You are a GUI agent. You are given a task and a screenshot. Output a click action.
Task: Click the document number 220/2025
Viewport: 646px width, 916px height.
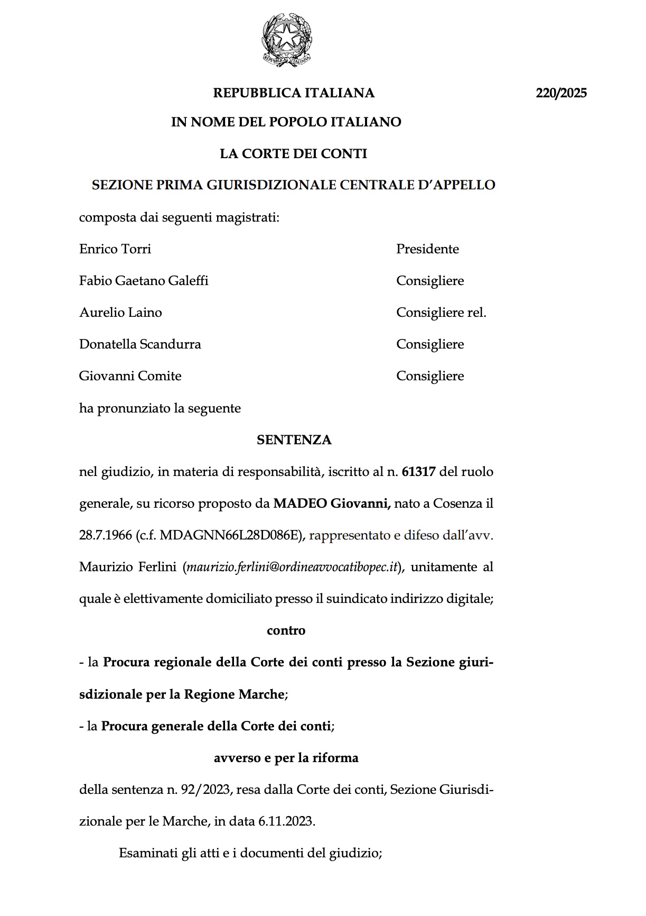(x=561, y=94)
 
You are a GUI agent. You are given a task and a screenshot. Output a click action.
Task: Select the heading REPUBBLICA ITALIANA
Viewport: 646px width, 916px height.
(x=294, y=93)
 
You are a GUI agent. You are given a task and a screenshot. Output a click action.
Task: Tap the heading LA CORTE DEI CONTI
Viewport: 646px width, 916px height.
(x=293, y=154)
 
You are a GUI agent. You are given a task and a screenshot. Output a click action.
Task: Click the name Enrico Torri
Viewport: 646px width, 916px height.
(x=115, y=249)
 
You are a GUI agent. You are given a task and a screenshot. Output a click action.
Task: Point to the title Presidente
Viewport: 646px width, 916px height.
(x=427, y=249)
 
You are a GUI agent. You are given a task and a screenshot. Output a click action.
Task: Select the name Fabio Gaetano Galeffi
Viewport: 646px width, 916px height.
(x=144, y=281)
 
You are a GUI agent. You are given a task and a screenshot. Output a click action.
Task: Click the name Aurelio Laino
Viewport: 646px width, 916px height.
(x=120, y=313)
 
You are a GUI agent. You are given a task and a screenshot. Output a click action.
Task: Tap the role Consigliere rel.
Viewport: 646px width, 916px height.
(x=441, y=313)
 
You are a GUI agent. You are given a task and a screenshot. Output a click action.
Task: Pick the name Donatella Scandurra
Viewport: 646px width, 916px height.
(x=140, y=344)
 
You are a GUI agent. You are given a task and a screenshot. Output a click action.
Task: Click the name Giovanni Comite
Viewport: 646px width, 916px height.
(x=130, y=376)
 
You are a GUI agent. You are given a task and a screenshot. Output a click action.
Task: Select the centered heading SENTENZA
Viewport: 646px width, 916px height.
(x=294, y=440)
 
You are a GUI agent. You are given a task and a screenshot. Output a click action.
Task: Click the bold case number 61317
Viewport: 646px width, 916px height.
(x=418, y=472)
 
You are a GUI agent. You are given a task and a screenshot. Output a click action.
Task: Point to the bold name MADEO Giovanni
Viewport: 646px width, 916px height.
(x=332, y=503)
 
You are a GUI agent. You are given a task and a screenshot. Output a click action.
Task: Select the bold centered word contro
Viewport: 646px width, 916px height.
(x=286, y=630)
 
